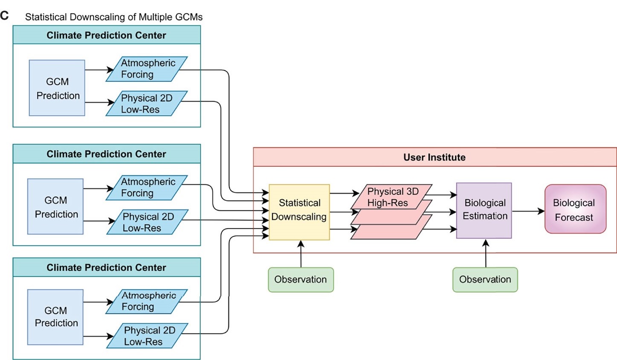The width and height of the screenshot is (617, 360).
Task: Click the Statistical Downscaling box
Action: (299, 212)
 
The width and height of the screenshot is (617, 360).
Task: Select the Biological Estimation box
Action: (484, 210)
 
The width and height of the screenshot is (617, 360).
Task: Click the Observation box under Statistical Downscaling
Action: (300, 279)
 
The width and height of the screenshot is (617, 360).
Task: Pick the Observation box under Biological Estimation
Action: (485, 279)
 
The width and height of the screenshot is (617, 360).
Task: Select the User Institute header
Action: (434, 157)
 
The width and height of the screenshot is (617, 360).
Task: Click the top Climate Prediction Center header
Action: (106, 35)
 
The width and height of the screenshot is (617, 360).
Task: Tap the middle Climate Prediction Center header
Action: (106, 154)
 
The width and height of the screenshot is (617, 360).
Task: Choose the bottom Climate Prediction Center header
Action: (106, 267)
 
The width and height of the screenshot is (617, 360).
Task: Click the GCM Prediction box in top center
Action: (57, 88)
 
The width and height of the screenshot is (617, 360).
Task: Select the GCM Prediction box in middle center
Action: (55, 206)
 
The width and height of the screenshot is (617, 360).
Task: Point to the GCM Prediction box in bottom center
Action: (55, 317)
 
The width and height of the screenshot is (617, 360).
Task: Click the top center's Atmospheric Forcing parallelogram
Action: (147, 69)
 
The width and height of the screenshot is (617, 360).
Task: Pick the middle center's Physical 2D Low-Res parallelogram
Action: (147, 222)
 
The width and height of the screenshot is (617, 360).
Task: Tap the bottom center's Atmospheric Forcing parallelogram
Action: (147, 301)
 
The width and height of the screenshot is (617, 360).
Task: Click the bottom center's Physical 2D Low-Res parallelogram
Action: (147, 336)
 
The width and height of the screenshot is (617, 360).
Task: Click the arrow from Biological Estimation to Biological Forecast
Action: (528, 211)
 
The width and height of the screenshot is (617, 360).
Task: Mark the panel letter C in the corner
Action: (4, 16)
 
